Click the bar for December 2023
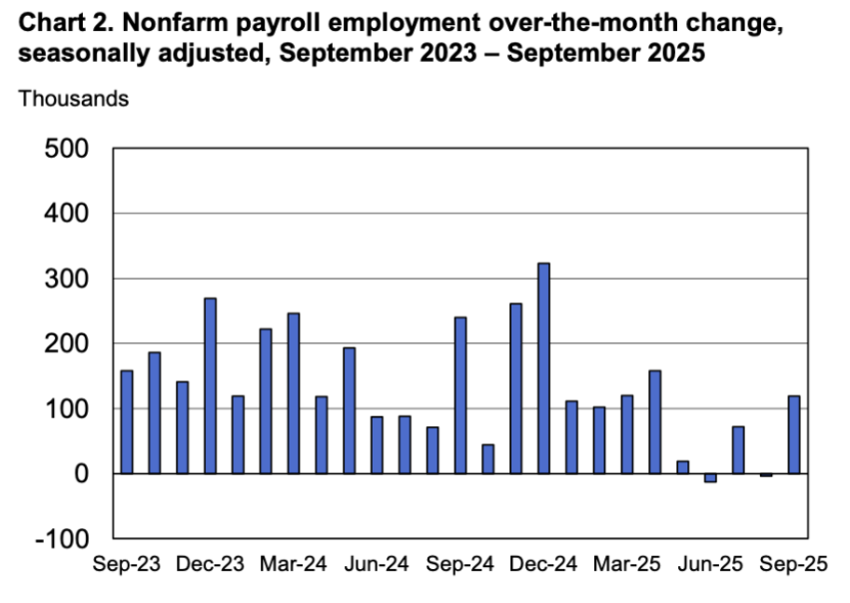[210, 385]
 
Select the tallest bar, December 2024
[543, 368]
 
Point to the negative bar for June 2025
[710, 478]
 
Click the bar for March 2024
[294, 393]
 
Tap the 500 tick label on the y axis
[71, 150]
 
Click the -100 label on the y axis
[65, 539]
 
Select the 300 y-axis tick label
[71, 280]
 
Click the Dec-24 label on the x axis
[543, 564]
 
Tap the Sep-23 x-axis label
[127, 564]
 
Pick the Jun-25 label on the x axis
[710, 564]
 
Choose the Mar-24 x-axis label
[294, 564]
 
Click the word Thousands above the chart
[74, 99]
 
